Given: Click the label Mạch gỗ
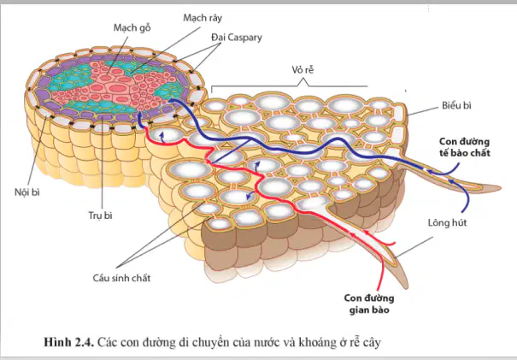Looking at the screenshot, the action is pyautogui.click(x=132, y=27).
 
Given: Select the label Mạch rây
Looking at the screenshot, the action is pyautogui.click(x=203, y=17).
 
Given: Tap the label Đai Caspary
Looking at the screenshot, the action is pyautogui.click(x=237, y=38).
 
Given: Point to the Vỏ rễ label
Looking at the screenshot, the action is pyautogui.click(x=303, y=69).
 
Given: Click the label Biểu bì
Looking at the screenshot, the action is pyautogui.click(x=456, y=105).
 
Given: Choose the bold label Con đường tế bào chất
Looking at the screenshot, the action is pyautogui.click(x=465, y=147).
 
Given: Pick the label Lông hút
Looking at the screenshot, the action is pyautogui.click(x=447, y=222).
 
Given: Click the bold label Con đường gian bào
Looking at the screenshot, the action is pyautogui.click(x=369, y=304).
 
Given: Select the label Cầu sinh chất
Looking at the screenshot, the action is pyautogui.click(x=121, y=278).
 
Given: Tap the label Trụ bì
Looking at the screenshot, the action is pyautogui.click(x=100, y=215).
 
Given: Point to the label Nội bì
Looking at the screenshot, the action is pyautogui.click(x=27, y=192).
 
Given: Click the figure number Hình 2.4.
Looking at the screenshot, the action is pyautogui.click(x=69, y=342).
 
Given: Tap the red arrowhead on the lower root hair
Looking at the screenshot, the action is pyautogui.click(x=354, y=235).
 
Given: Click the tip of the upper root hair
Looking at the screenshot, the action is pyautogui.click(x=501, y=188).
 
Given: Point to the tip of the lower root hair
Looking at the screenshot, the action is pyautogui.click(x=408, y=287).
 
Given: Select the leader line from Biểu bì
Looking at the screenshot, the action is pyautogui.click(x=423, y=111).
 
